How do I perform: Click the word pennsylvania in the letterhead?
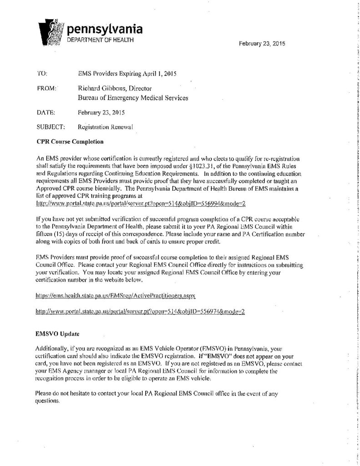(105, 30)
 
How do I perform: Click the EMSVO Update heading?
(57, 334)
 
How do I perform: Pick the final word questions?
(48, 402)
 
